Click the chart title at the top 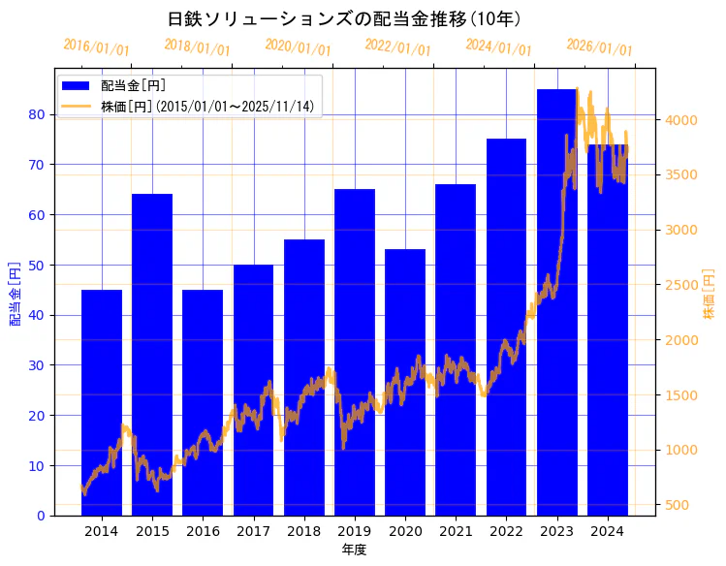coord(344,18)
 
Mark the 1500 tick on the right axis coord(680,395)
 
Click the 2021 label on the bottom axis coord(456,531)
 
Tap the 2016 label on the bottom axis coord(203,531)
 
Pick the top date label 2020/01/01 coord(298,47)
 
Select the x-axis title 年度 coord(354,550)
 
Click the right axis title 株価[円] coord(709,297)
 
